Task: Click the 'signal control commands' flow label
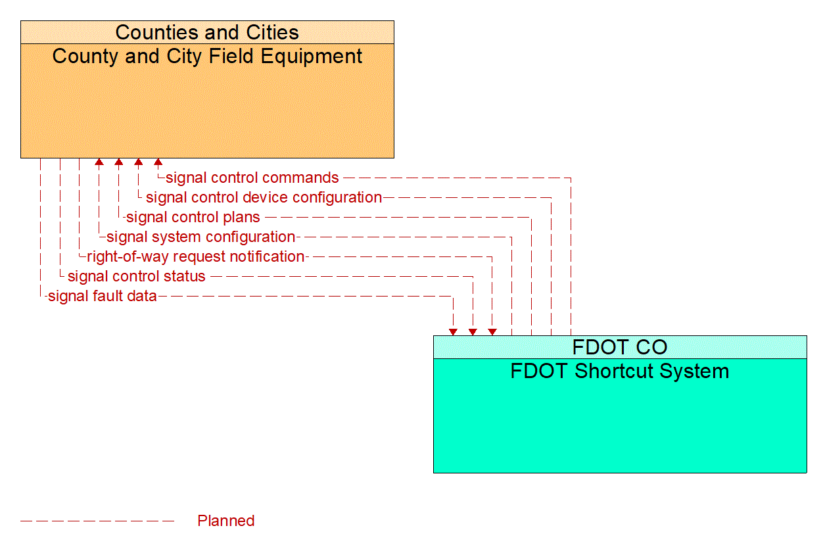(x=252, y=178)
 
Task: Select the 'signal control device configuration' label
(x=264, y=197)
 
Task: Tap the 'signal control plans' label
(x=193, y=217)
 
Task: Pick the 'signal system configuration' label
(x=200, y=237)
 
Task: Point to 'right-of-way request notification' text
(x=195, y=256)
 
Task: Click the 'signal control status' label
(x=137, y=276)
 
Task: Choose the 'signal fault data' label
(x=103, y=296)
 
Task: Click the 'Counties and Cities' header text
(x=207, y=32)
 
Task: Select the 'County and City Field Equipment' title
(x=207, y=56)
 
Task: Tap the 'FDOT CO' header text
(x=620, y=347)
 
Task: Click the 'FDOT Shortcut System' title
(x=620, y=371)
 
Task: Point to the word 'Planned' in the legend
(x=225, y=521)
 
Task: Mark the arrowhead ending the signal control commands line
(x=158, y=162)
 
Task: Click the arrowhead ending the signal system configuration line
(x=99, y=162)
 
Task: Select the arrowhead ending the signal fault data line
(x=453, y=332)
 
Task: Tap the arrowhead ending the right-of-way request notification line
(x=492, y=332)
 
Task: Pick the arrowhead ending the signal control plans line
(x=118, y=162)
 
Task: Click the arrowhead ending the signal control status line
(x=473, y=332)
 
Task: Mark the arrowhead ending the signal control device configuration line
(x=138, y=162)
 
